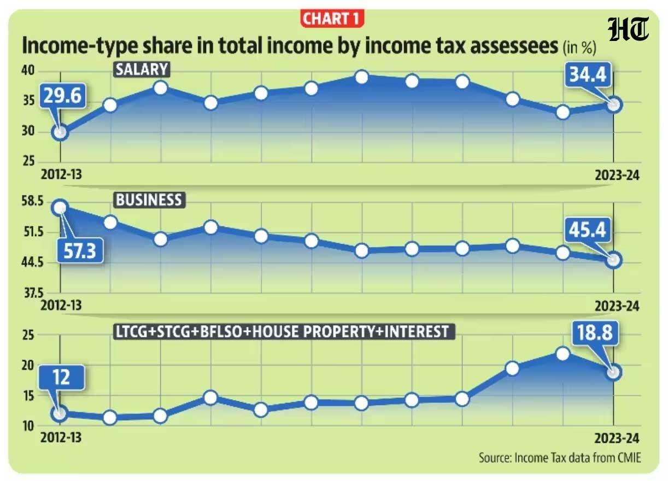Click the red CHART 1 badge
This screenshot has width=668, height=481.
pyautogui.click(x=332, y=19)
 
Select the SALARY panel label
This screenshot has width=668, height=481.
pyautogui.click(x=142, y=69)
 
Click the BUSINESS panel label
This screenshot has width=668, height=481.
pyautogui.click(x=149, y=200)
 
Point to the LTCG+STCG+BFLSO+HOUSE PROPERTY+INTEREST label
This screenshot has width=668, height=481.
pyautogui.click(x=284, y=331)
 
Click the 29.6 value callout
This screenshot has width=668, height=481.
pyautogui.click(x=63, y=96)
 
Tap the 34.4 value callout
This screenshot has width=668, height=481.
pyautogui.click(x=588, y=74)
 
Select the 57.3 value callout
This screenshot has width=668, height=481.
pyautogui.click(x=80, y=251)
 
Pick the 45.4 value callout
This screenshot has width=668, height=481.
pyautogui.click(x=588, y=230)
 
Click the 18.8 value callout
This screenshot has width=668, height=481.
pyautogui.click(x=595, y=332)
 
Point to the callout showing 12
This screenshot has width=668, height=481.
pyautogui.click(x=62, y=377)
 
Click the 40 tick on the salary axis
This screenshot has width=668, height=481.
pyautogui.click(x=28, y=71)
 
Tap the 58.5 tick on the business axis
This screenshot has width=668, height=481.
pyautogui.click(x=32, y=201)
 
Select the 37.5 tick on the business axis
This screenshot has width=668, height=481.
pyautogui.click(x=34, y=294)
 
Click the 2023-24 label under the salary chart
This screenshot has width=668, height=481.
pyautogui.click(x=617, y=175)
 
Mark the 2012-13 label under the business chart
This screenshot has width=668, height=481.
pyautogui.click(x=61, y=306)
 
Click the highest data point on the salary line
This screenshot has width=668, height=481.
pyautogui.click(x=362, y=77)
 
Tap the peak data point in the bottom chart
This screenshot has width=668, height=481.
pyautogui.click(x=562, y=354)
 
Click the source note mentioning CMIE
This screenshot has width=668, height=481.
pyautogui.click(x=560, y=457)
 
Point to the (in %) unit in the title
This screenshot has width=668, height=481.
pyautogui.click(x=579, y=48)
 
